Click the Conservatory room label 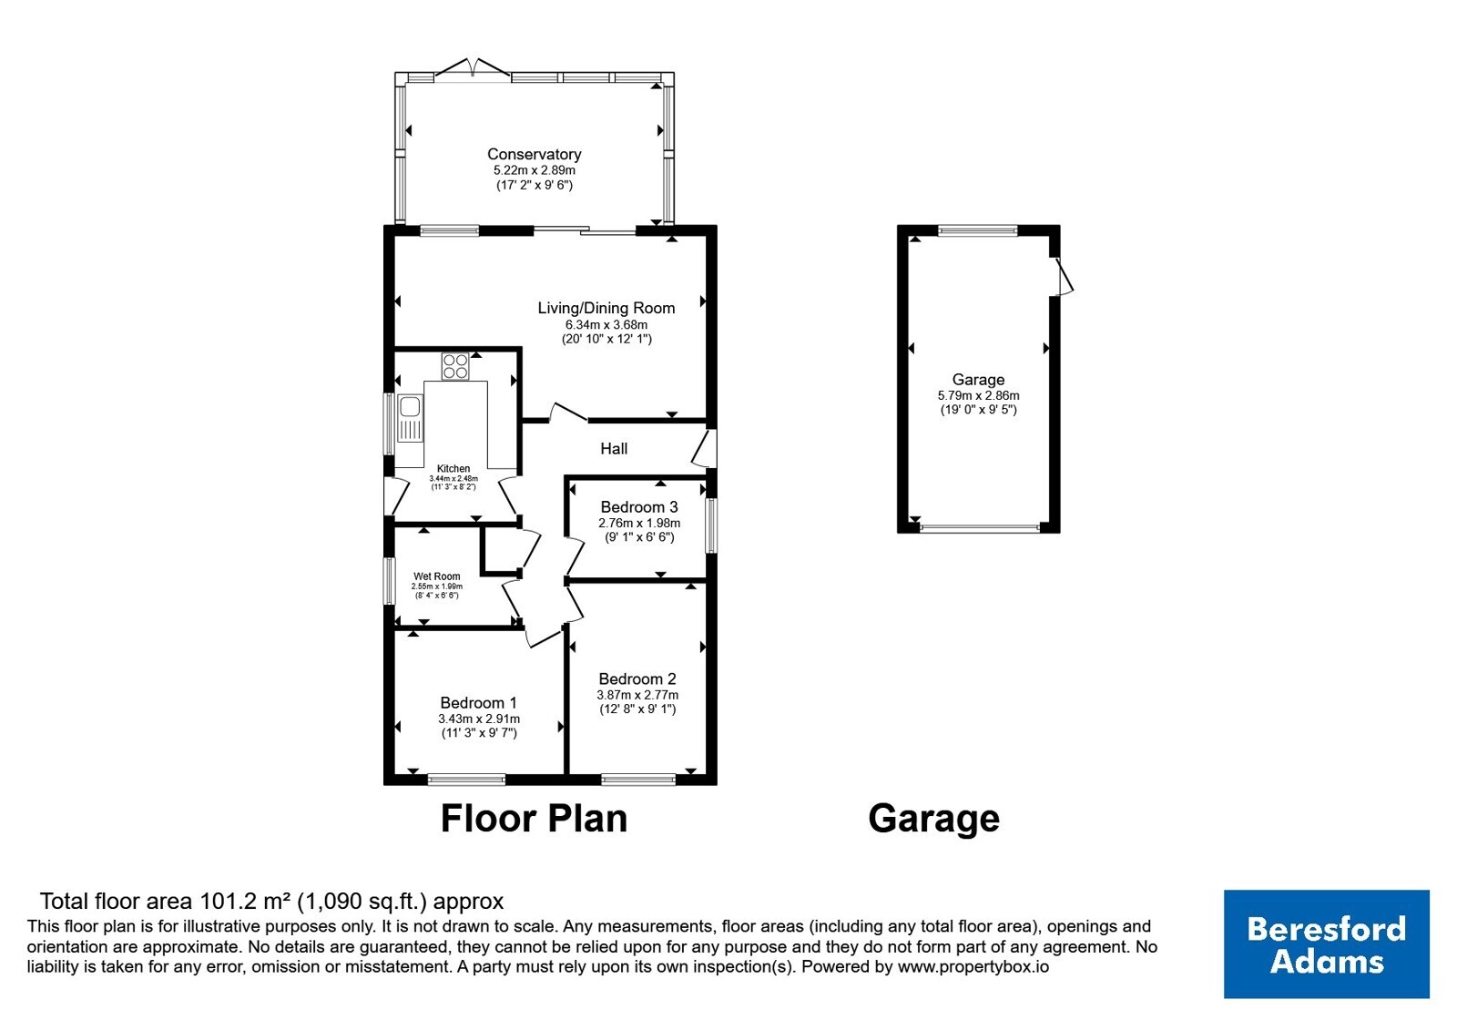pyautogui.click(x=534, y=154)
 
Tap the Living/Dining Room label pyautogui.click(x=606, y=308)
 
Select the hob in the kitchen pyautogui.click(x=455, y=365)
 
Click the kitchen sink pyautogui.click(x=410, y=418)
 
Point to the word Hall pyautogui.click(x=614, y=448)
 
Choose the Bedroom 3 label pyautogui.click(x=639, y=506)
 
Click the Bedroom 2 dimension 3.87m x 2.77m pyautogui.click(x=637, y=695)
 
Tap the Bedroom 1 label pyautogui.click(x=479, y=702)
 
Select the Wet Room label pyautogui.click(x=437, y=576)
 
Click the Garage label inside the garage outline pyautogui.click(x=978, y=379)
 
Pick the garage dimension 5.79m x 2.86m pyautogui.click(x=978, y=395)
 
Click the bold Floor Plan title pyautogui.click(x=534, y=818)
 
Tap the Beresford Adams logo pyautogui.click(x=1326, y=943)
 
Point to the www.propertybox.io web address pyautogui.click(x=973, y=966)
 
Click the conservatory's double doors pyautogui.click(x=473, y=69)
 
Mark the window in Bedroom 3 pyautogui.click(x=711, y=525)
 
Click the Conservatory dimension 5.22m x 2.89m pyautogui.click(x=534, y=170)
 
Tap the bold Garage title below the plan pyautogui.click(x=934, y=819)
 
